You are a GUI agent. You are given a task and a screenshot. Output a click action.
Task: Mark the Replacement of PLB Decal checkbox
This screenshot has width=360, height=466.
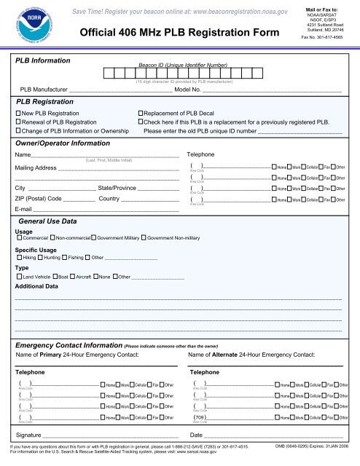141,115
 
